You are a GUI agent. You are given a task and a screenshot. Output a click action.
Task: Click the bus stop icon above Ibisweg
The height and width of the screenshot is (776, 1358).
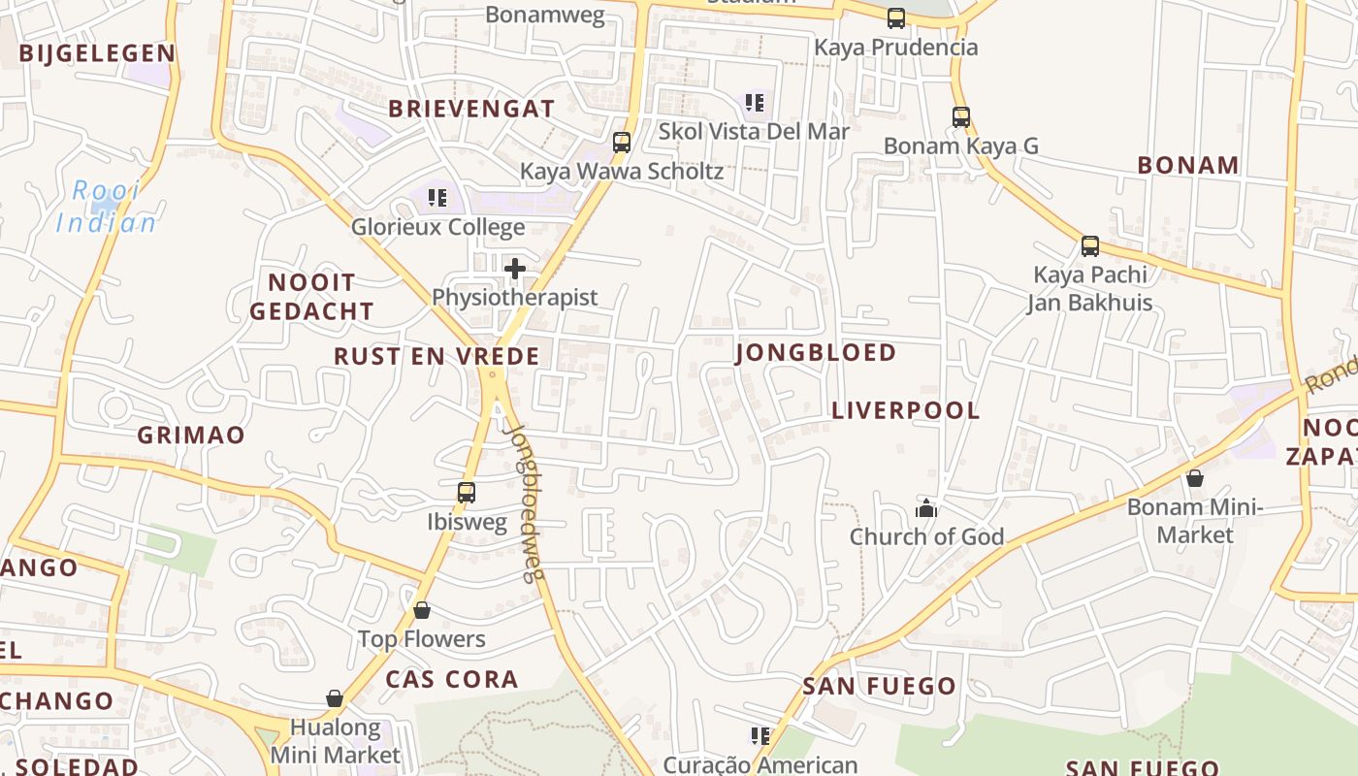467,492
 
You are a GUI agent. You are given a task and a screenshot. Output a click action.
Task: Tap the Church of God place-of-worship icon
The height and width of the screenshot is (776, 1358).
926,507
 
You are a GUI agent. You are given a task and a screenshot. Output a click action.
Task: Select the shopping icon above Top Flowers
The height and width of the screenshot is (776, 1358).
422,610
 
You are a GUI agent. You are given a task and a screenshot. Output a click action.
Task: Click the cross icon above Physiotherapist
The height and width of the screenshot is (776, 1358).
515,268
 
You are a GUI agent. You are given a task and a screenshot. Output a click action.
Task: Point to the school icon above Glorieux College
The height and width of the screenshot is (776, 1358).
437,198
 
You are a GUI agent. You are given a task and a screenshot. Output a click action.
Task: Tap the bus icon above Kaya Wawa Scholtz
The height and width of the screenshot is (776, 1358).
622,143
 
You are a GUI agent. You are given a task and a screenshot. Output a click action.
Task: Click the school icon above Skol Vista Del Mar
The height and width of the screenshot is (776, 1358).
754,102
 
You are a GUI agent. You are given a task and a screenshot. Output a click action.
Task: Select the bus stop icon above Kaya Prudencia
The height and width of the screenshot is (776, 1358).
896,17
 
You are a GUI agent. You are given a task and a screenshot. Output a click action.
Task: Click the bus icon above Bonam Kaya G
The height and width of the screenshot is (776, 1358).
961,117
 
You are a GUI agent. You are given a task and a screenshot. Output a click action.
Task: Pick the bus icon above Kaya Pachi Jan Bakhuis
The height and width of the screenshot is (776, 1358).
1090,245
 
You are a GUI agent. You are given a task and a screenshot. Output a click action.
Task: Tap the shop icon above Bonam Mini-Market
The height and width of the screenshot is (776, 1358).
1195,478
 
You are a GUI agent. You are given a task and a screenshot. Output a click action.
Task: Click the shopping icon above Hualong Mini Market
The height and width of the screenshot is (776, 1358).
335,698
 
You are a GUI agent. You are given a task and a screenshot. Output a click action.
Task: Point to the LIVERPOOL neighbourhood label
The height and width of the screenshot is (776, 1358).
906,410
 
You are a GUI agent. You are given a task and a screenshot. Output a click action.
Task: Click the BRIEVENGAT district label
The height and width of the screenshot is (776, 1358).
471,109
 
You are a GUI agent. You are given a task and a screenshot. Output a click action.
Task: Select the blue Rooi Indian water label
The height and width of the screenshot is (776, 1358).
106,207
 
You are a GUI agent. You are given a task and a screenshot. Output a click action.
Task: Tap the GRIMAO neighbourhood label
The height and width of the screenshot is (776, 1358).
191,435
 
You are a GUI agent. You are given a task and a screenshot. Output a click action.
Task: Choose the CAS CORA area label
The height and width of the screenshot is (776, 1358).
452,679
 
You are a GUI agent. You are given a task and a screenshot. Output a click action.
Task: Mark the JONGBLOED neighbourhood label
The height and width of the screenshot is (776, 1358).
816,352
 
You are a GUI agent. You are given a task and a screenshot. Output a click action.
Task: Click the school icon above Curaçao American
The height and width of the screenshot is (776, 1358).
760,736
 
